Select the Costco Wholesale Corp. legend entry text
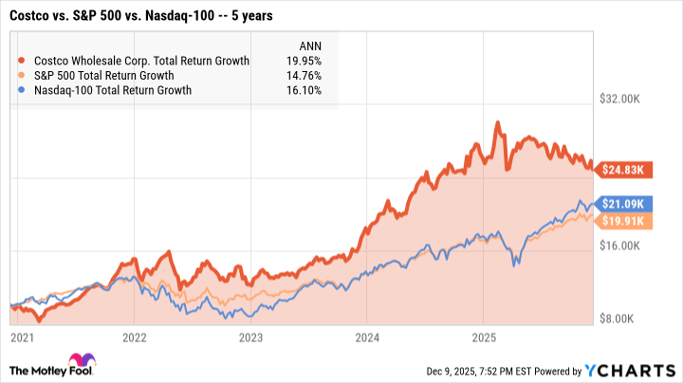point(139,61)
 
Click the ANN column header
point(311,45)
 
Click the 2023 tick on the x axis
point(250,337)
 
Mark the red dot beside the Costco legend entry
point(22,61)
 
